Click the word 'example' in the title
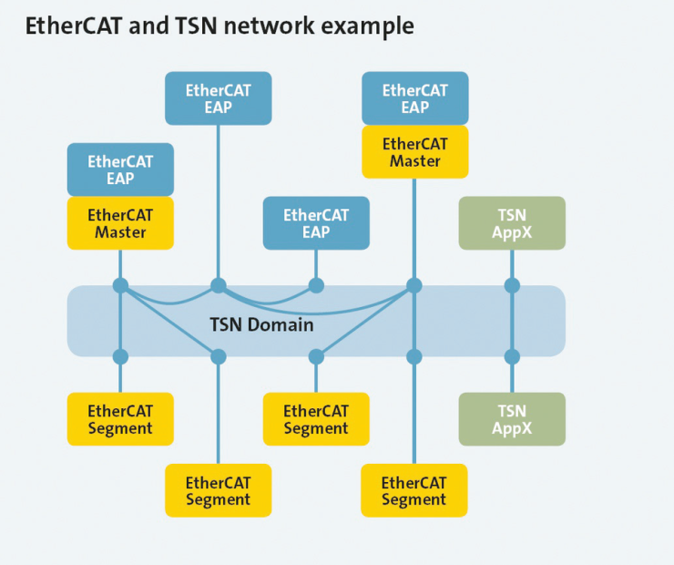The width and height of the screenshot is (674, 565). pos(368,26)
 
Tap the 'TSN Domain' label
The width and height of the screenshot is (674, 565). pos(261,324)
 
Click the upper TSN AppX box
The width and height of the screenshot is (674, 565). pos(512,223)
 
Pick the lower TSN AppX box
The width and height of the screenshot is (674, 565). pos(512,419)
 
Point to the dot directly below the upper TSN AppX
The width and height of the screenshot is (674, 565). pos(512,285)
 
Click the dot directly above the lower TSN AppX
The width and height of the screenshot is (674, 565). pos(512,356)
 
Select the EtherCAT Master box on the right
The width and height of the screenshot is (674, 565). pos(414,152)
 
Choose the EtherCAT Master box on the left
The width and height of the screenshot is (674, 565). pos(120,223)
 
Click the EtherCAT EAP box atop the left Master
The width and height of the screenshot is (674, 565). pos(120,169)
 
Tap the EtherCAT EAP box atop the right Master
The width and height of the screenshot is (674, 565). pos(414,98)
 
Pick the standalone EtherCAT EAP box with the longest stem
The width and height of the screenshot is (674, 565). pos(219,98)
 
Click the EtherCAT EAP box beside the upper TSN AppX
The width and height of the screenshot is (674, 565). pos(316,223)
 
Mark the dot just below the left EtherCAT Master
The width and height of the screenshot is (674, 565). pos(120,285)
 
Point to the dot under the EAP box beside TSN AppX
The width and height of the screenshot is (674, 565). pos(316,285)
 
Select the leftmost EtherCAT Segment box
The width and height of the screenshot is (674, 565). pos(120,419)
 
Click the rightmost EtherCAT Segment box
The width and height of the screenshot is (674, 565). pos(414,490)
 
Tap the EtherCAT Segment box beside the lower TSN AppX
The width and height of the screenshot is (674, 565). pos(316,419)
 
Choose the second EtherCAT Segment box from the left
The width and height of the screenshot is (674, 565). pos(219,490)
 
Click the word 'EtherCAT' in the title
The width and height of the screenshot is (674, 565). pos(74,26)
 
